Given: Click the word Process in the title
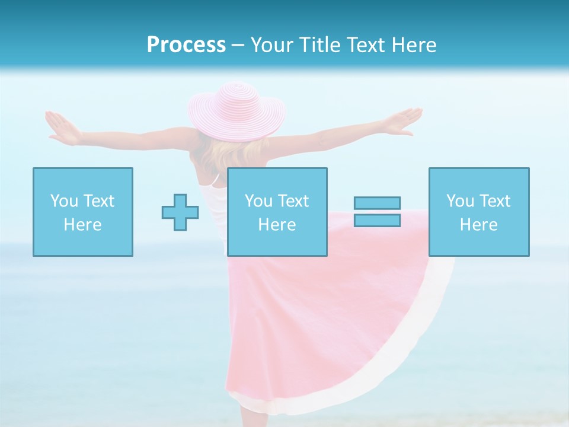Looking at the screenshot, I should pyautogui.click(x=186, y=45).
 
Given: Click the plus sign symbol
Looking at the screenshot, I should pyautogui.click(x=180, y=212).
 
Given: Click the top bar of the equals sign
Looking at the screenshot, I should pyautogui.click(x=377, y=203).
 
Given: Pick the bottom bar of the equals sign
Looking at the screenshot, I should pyautogui.click(x=377, y=220).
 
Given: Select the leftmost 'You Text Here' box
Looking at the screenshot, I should pyautogui.click(x=82, y=212).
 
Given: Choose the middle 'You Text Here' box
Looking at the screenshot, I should pyautogui.click(x=277, y=212).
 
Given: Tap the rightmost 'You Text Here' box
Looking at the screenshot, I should pyautogui.click(x=478, y=212).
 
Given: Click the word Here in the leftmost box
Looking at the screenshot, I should pyautogui.click(x=82, y=225).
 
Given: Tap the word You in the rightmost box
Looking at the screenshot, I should pyautogui.click(x=459, y=201).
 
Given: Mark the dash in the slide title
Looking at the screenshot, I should pyautogui.click(x=238, y=45).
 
